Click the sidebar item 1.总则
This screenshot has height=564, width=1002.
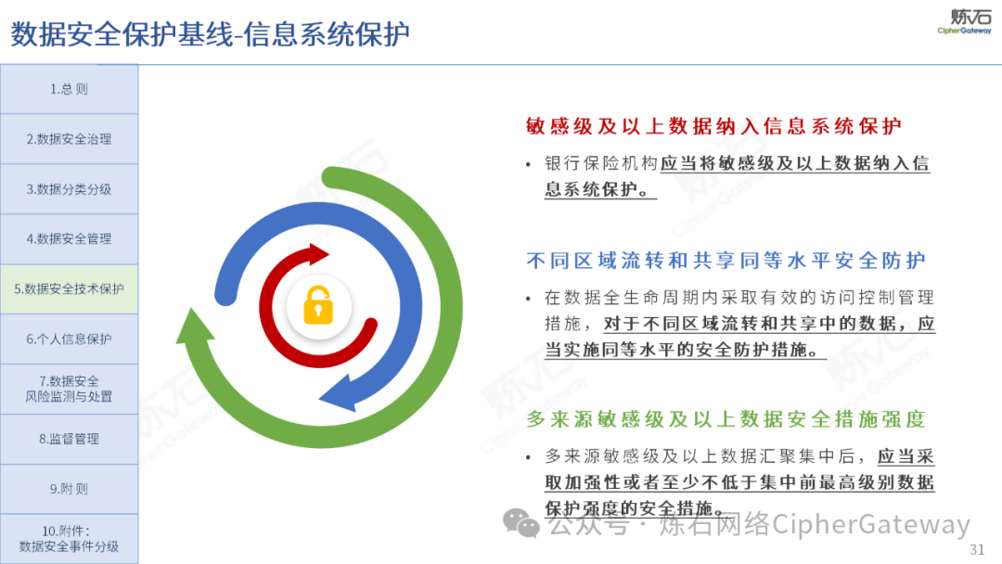[69, 89]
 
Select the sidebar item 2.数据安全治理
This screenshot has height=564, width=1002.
[69, 138]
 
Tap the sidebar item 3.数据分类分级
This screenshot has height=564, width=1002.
[69, 189]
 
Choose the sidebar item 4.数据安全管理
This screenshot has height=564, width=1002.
[69, 239]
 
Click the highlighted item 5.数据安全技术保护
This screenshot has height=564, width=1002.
[69, 288]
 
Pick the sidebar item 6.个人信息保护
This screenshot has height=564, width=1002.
[69, 339]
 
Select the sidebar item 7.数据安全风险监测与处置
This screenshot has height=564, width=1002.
[69, 389]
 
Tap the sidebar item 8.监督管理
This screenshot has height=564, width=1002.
[69, 439]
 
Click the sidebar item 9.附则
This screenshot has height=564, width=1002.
[69, 489]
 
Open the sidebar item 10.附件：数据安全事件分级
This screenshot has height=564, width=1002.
[69, 538]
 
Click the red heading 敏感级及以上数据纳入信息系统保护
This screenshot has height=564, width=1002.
[713, 126]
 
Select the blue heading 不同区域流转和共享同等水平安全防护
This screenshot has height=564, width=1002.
[726, 261]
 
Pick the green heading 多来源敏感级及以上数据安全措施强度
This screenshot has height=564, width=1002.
[726, 419]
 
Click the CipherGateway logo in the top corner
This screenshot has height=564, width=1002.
[964, 21]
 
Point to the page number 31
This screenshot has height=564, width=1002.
[977, 549]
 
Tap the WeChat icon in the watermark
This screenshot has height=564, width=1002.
[520, 523]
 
